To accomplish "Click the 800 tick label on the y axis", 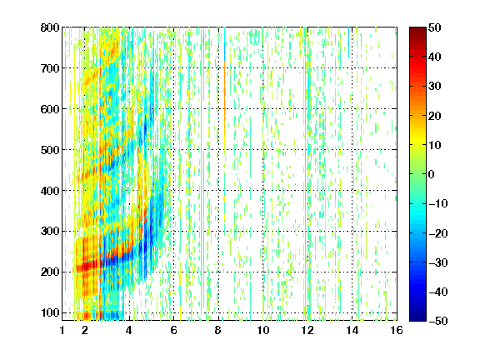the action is (50, 27).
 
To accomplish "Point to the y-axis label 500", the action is (50, 150).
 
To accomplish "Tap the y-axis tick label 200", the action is (50, 272).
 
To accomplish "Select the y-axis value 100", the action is (50, 312).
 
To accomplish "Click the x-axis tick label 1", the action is (62, 330).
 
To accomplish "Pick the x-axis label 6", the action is (174, 330).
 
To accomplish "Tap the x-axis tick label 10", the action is (263, 330).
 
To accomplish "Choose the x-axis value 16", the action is (397, 330).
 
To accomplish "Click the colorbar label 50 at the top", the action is (434, 27).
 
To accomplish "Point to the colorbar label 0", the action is (432, 174).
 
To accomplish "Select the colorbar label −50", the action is (438, 321).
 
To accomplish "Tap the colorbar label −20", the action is (438, 233).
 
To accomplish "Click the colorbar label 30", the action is (434, 86).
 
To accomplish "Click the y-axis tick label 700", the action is (50, 68).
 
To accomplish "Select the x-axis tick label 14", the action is (352, 330).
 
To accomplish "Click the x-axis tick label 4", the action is (129, 330).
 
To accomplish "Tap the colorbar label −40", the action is (438, 292).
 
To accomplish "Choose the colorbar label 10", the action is (434, 145).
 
